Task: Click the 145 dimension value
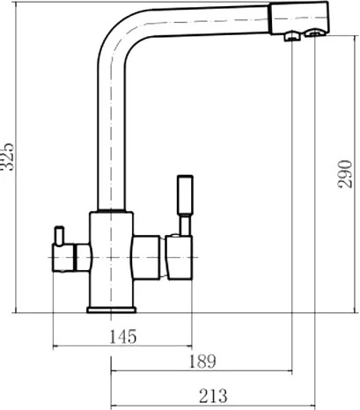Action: coord(123,336)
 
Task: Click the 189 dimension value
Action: coord(202,362)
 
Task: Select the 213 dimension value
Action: coord(213,396)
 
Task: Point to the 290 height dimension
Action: coord(344,174)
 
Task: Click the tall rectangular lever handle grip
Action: coord(185,194)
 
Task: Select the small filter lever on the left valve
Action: coord(59,235)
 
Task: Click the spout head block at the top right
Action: coord(298,18)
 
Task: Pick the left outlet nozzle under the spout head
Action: coord(292,36)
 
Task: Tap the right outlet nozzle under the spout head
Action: coord(314,33)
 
